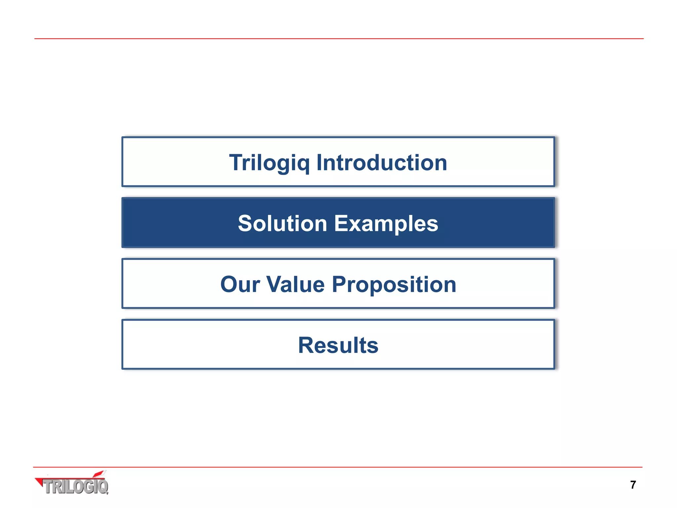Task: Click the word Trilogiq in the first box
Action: [x=269, y=163]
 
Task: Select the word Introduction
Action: [x=381, y=163]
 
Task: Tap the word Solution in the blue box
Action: [x=282, y=224]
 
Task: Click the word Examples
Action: [x=386, y=224]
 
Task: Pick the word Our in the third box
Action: [x=240, y=284]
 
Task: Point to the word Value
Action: [x=296, y=284]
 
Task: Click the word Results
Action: [x=338, y=345]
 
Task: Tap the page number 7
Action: [x=633, y=485]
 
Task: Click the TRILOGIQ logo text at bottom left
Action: [x=76, y=487]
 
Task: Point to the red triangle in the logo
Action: [x=39, y=481]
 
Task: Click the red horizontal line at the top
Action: [x=338, y=39]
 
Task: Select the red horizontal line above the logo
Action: [x=338, y=467]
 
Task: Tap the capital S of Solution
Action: [x=246, y=224]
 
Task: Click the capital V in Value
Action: [x=275, y=284]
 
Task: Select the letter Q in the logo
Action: [x=103, y=487]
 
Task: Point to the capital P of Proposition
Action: [x=339, y=284]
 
